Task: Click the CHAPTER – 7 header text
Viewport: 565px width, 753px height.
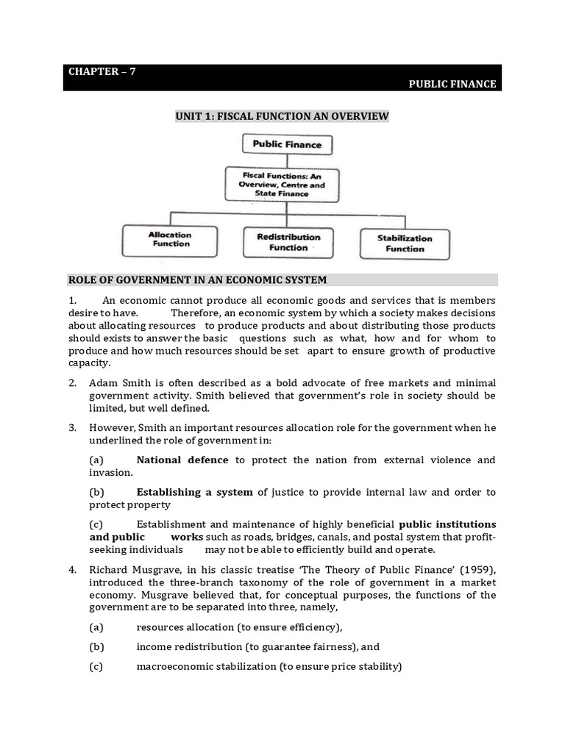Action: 102,71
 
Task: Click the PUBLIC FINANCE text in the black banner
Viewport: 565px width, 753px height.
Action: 452,85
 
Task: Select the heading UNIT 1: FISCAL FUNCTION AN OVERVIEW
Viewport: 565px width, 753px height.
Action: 281,116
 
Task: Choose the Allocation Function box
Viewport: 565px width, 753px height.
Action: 171,240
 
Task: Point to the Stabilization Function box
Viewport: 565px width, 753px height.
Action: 404,243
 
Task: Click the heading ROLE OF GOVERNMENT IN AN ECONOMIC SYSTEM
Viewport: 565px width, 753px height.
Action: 197,280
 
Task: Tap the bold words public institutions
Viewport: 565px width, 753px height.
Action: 447,524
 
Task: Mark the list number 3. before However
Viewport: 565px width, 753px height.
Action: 72,427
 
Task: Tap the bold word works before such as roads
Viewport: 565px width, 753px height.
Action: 187,538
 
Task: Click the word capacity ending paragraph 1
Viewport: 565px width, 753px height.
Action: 88,363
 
